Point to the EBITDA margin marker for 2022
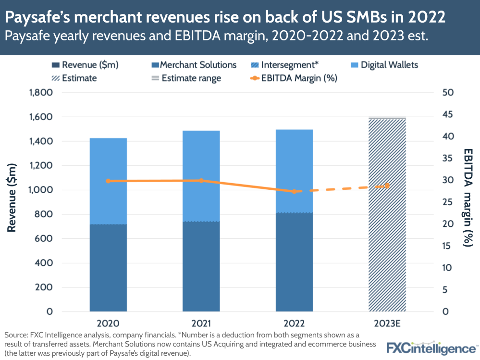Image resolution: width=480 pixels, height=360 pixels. click(294, 191)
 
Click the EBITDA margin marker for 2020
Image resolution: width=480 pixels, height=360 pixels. click(108, 181)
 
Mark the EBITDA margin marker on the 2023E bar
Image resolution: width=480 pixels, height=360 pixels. click(387, 186)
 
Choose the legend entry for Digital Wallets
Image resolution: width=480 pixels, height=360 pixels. click(389, 65)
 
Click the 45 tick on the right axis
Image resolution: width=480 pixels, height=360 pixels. click(448, 114)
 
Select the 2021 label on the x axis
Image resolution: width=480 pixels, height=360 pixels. click(201, 323)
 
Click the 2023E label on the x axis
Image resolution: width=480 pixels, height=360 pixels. click(387, 323)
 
